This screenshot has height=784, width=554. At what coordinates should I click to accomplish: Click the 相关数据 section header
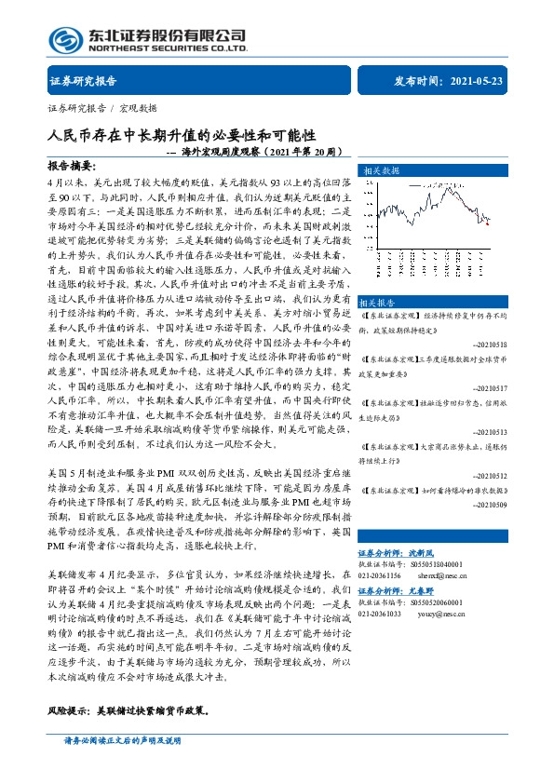[381, 171]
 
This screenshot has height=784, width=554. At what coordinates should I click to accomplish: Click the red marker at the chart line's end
[486, 222]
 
